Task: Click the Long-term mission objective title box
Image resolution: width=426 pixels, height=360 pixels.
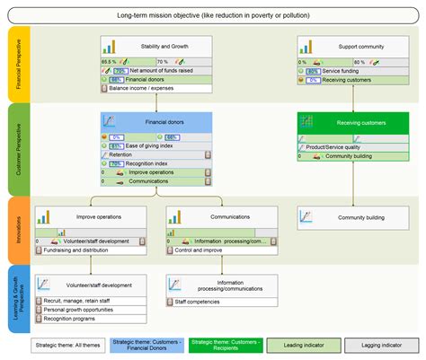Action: click(213, 16)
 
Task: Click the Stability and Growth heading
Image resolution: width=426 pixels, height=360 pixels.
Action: click(168, 47)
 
